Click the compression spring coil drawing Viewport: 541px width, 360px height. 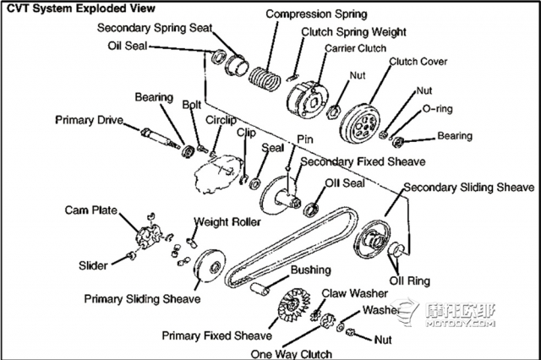coord(265,79)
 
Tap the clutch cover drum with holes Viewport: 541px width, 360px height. coord(360,123)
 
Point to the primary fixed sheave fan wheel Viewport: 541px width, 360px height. coord(294,306)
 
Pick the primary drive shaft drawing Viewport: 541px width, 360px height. coord(160,137)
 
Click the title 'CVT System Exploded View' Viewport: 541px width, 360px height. coord(81,8)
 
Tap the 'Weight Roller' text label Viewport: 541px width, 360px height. coord(227,221)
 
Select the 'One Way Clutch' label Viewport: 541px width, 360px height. coord(291,354)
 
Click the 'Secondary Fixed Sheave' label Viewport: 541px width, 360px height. coord(363,161)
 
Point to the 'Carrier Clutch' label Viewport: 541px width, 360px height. coord(355,48)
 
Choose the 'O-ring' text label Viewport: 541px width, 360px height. coord(438,109)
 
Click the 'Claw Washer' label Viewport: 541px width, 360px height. coord(355,293)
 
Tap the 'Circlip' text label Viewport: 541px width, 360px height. coord(221,120)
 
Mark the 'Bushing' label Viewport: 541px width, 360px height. coord(311,270)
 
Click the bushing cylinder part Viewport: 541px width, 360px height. coord(260,289)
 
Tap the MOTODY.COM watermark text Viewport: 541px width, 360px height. coord(460,324)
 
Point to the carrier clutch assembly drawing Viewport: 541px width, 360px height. coord(307,101)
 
